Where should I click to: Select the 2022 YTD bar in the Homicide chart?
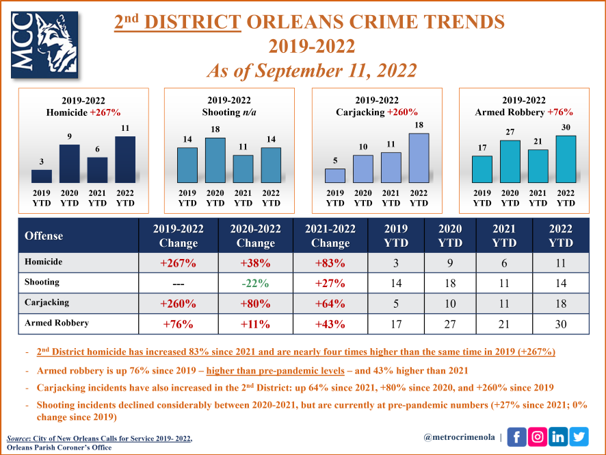pos(125,159)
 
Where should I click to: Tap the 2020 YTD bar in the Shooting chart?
pos(215,160)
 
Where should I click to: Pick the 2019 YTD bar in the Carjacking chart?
pos(335,175)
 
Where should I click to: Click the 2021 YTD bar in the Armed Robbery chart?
pos(538,165)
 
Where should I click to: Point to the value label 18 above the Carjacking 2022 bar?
pos(419,125)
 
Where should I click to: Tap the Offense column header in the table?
pos(44,236)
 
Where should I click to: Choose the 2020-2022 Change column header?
pos(255,236)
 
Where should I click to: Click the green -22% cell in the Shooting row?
pos(255,283)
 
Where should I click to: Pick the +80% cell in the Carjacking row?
pos(255,303)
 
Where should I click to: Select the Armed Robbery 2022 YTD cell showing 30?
pos(560,323)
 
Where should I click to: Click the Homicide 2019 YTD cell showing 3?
pos(396,263)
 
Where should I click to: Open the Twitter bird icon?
pos(579,436)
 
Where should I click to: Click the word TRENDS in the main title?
pos(452,22)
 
